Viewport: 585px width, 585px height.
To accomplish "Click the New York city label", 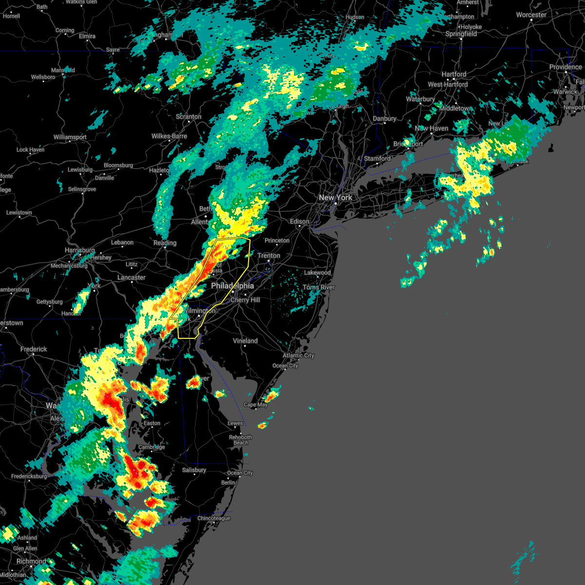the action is point(335,197).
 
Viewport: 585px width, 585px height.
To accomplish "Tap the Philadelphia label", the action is point(233,286).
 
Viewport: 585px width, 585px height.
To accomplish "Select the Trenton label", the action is point(269,255).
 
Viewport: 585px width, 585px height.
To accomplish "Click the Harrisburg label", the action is point(80,250).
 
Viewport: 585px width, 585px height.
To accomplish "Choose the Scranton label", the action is point(189,117).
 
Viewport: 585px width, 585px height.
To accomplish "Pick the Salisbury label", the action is point(194,470).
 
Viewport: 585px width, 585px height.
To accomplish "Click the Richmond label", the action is point(31,561).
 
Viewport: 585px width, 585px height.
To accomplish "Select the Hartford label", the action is point(454,75).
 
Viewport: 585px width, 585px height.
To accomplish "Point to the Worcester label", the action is point(531,15).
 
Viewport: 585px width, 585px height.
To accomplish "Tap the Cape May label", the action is point(255,405).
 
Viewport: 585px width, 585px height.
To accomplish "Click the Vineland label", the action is point(245,341).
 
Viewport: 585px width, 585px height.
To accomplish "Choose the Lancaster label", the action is point(132,277).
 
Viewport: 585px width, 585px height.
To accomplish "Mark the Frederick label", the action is point(34,349).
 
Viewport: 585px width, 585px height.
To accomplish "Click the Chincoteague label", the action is point(214,518).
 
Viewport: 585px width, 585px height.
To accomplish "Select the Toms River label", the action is point(319,287).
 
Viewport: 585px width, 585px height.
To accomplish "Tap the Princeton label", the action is point(277,240).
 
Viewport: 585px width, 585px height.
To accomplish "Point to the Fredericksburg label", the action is point(29,476).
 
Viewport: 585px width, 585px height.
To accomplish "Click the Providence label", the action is point(565,67).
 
